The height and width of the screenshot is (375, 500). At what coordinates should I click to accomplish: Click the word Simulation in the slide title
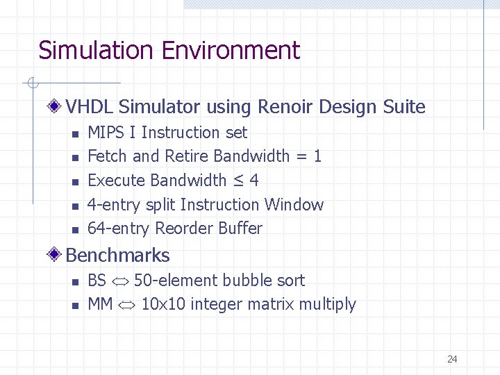pos(95,51)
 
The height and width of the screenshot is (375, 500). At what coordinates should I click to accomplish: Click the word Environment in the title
pos(231,51)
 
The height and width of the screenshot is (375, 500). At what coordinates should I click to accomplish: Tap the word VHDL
pos(90,107)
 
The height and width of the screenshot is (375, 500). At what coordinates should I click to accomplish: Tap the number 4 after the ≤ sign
pos(254,181)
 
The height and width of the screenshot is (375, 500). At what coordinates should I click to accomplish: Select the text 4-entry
pos(115,205)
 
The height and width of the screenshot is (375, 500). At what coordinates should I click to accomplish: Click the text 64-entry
pos(119,228)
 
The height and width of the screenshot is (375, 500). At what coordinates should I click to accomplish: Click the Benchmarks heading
pos(117,256)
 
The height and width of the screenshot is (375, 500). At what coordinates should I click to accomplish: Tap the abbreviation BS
pos(97,281)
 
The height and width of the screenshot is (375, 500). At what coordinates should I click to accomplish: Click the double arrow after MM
pos(127,305)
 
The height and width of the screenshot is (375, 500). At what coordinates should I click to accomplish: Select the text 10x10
pos(163,304)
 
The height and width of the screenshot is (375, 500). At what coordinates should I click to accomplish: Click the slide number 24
pos(452,359)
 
